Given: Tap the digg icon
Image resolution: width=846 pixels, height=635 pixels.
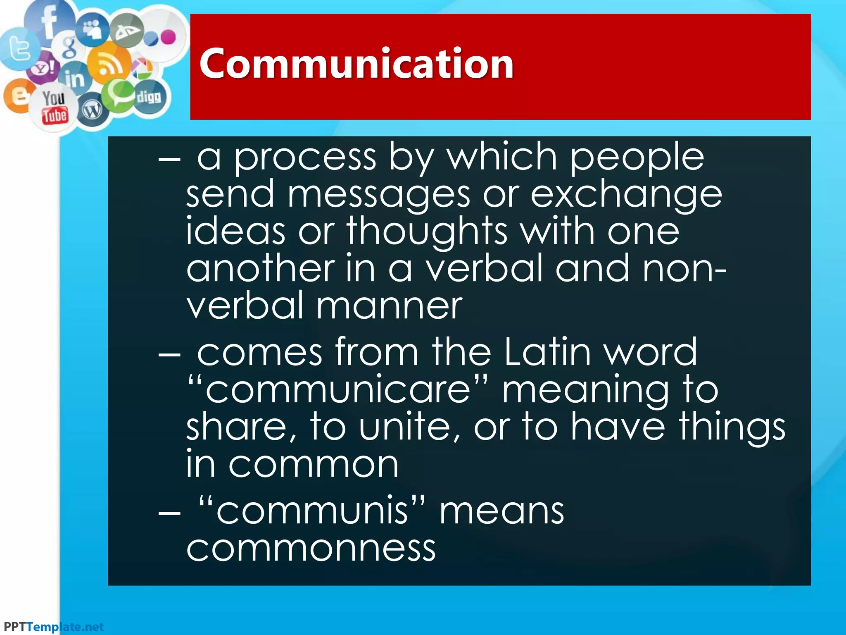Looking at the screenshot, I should click(149, 97).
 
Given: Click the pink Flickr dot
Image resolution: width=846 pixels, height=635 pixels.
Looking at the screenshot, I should click(168, 37).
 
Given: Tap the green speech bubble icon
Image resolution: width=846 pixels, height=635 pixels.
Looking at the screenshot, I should click(119, 94).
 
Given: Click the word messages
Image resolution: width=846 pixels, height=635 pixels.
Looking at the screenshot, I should click(379, 194).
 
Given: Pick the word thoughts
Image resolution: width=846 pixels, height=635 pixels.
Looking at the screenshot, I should click(427, 232).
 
